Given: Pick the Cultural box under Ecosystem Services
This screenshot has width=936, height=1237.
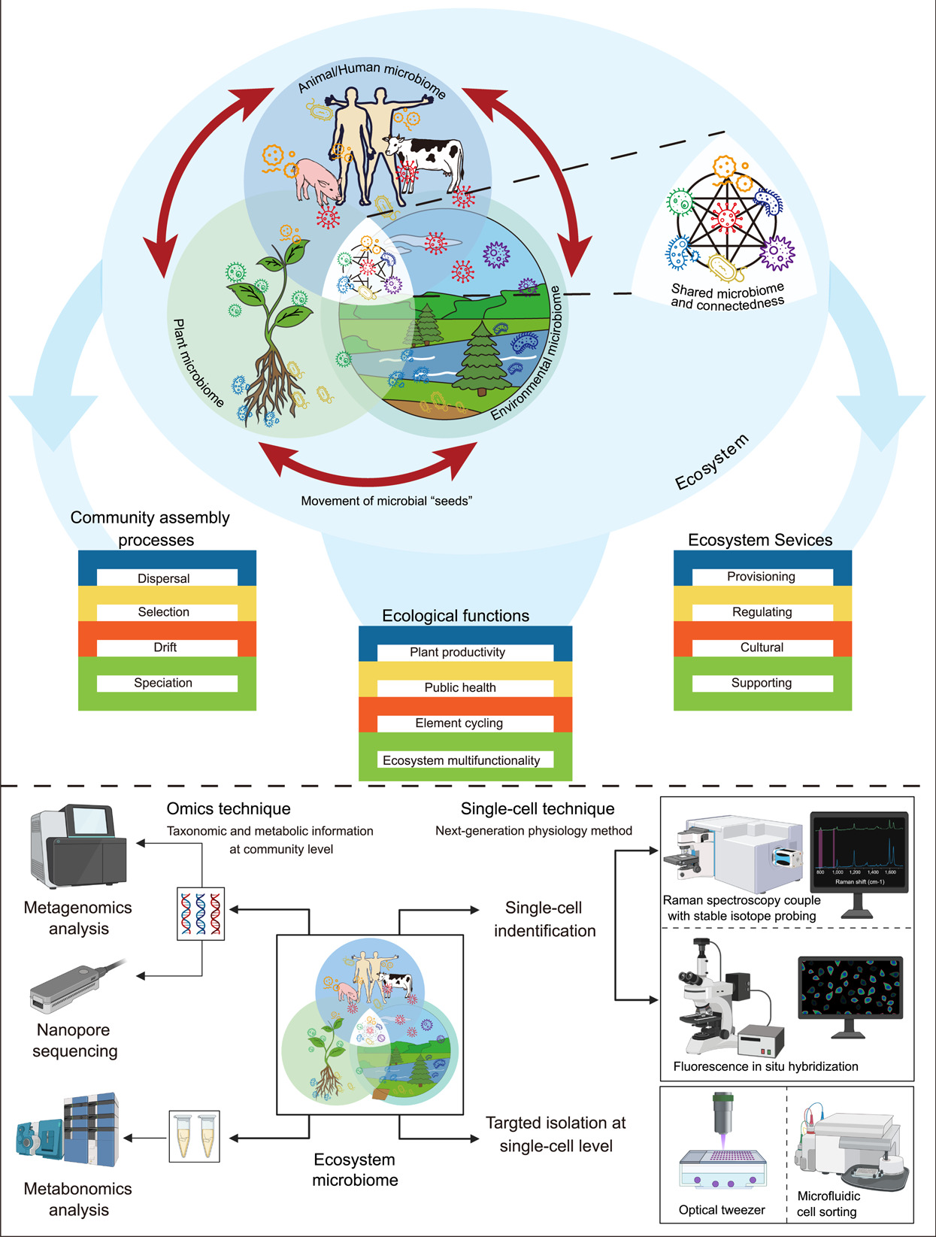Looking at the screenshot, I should point(762,647).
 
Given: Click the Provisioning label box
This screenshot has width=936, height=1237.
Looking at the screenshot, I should point(762,577).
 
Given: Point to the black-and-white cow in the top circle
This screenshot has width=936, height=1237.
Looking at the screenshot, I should point(426,156).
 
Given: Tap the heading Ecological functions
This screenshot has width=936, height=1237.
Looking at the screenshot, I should point(456,616).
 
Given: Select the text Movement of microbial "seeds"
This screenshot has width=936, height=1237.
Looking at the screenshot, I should point(386,501).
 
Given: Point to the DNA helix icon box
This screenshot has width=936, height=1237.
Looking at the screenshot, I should point(201,914).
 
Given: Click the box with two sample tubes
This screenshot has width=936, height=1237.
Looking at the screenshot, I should point(194,1135).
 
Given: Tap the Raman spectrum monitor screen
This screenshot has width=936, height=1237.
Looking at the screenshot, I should point(859,851).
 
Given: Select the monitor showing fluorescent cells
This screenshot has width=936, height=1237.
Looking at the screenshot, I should point(850,987).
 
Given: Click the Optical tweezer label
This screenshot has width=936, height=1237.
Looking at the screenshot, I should point(722,1210).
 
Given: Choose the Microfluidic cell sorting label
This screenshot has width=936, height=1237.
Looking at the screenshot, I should point(828,1204).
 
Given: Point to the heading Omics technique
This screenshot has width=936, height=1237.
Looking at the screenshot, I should point(229,809).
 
